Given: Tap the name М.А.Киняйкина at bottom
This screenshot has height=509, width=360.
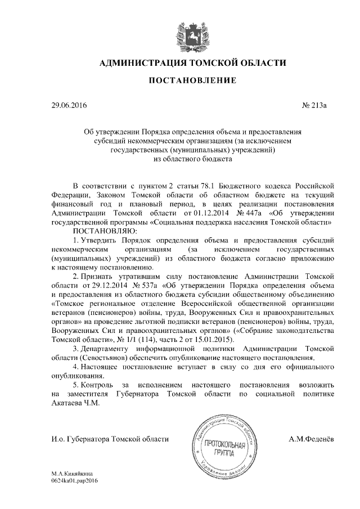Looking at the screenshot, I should coord(72,475).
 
